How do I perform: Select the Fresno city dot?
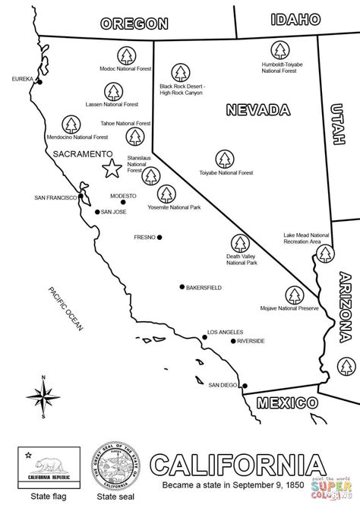tap(160, 237)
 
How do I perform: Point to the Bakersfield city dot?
tap(182, 287)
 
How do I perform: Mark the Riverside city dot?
tap(232, 341)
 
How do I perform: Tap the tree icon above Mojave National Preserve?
tap(293, 294)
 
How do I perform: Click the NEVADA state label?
tap(253, 110)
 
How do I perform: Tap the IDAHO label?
tap(294, 19)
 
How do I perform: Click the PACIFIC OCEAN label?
tap(64, 308)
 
